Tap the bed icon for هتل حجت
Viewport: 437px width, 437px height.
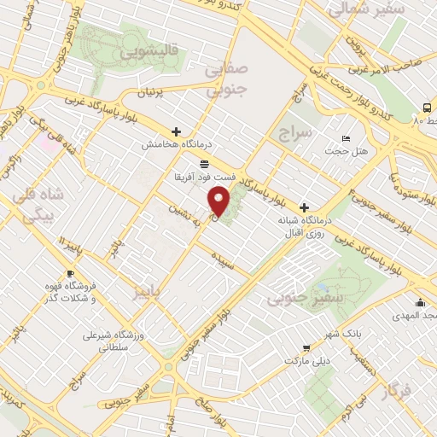click(x=345, y=138)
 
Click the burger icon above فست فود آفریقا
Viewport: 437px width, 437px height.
click(x=203, y=163)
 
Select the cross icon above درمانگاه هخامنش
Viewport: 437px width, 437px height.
click(x=176, y=132)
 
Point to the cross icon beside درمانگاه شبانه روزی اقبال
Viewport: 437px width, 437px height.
click(x=304, y=207)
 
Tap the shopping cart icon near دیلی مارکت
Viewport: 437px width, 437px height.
click(x=306, y=347)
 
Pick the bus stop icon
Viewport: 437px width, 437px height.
click(x=426, y=108)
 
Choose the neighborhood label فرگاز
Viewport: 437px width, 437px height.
click(x=398, y=392)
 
